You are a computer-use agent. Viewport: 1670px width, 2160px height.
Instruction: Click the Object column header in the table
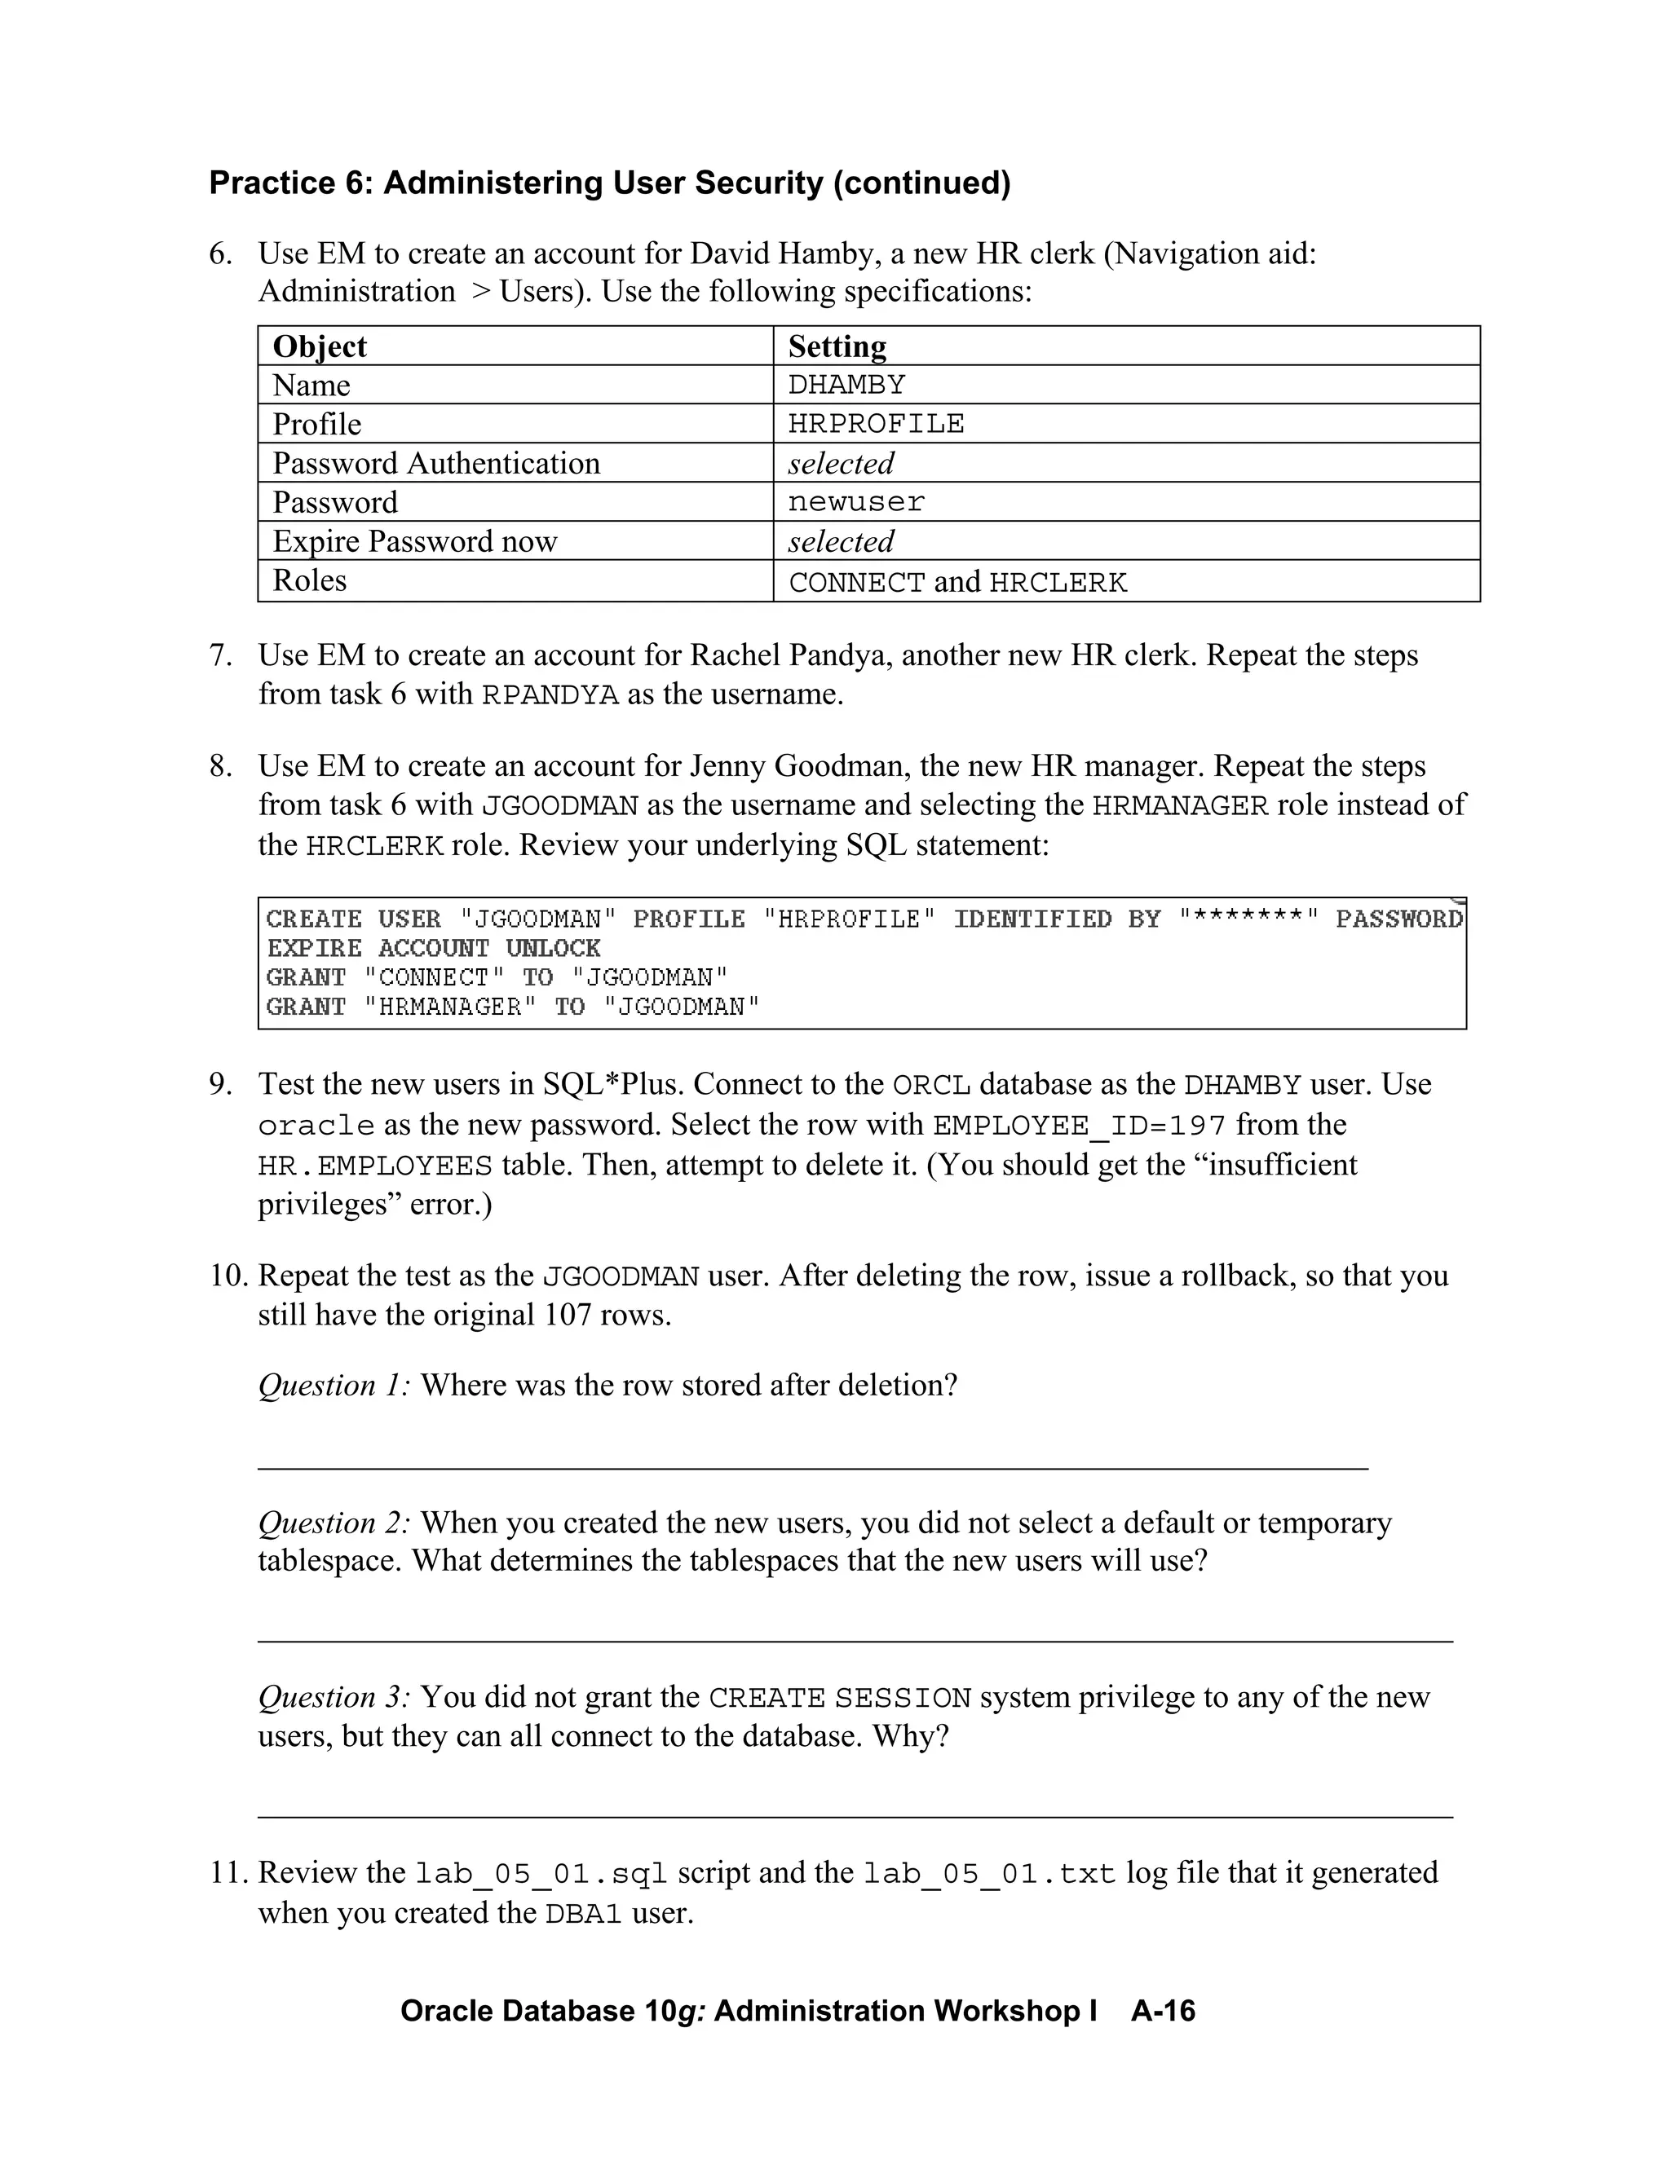click(320, 346)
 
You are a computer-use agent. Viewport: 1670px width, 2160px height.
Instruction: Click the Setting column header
click(837, 346)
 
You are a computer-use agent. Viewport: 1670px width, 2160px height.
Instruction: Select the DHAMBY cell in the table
click(847, 385)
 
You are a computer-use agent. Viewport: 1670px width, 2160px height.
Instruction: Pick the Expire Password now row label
click(414, 541)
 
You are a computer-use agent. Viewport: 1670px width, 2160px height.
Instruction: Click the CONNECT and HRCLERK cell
click(956, 581)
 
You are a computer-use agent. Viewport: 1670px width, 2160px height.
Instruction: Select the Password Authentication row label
click(436, 463)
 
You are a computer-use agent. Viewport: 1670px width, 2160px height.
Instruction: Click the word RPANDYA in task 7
click(550, 695)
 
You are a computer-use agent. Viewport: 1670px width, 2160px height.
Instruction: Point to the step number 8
click(219, 766)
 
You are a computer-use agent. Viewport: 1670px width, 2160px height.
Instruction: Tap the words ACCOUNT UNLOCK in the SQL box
click(488, 949)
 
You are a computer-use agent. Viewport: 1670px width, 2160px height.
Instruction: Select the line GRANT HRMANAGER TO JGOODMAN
click(512, 1007)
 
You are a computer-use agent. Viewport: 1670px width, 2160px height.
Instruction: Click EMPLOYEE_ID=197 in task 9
click(1080, 1126)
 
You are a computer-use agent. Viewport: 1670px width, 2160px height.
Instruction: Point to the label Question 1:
click(334, 1386)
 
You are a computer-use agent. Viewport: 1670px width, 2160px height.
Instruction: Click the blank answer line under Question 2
click(855, 1641)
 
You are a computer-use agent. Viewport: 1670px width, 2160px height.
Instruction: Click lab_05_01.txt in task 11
click(989, 1874)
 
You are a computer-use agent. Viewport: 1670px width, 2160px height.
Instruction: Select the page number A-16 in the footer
click(1164, 2011)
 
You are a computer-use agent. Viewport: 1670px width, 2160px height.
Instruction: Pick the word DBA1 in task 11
click(584, 1915)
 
